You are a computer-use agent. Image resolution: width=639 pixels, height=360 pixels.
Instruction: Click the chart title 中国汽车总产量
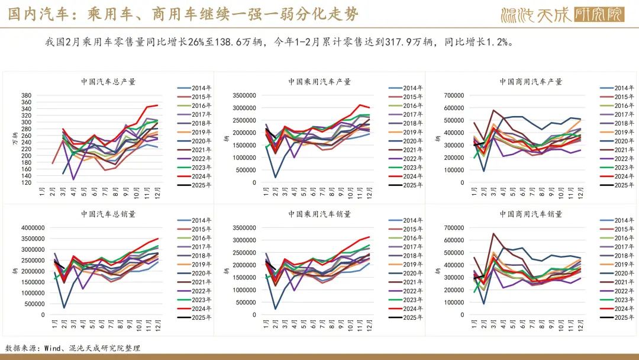(x=106, y=82)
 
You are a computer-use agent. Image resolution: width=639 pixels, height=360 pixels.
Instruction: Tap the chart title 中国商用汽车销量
(x=531, y=214)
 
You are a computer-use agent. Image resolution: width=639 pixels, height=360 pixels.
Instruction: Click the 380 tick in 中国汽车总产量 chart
(x=26, y=96)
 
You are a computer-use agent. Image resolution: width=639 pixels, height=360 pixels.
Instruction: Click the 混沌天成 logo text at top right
(x=536, y=14)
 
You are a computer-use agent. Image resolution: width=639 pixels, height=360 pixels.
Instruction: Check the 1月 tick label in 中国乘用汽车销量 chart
(x=265, y=326)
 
